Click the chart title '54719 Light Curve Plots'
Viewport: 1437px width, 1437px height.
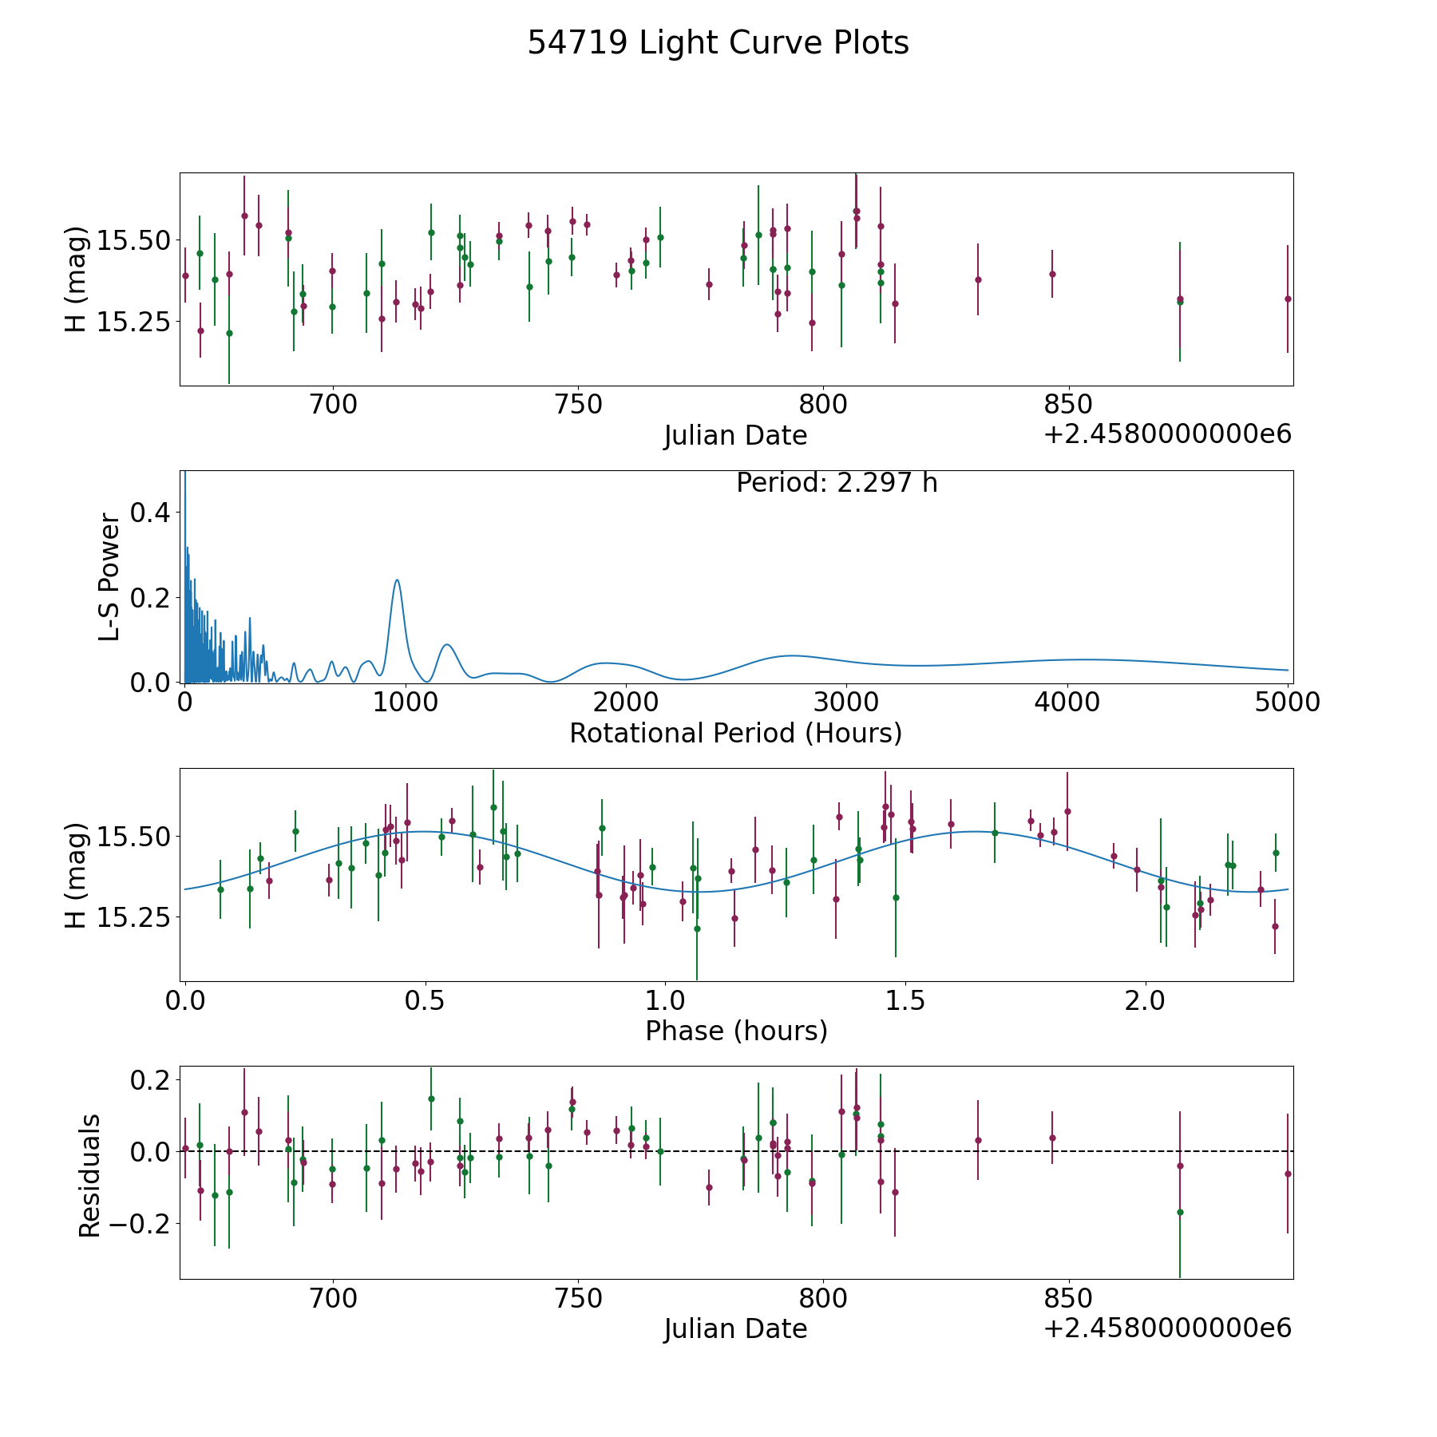pyautogui.click(x=718, y=43)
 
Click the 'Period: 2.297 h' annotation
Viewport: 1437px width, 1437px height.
pyautogui.click(x=837, y=483)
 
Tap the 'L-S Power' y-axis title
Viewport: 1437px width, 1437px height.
pyautogui.click(x=109, y=576)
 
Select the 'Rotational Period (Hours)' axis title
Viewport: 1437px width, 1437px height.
pyautogui.click(x=735, y=733)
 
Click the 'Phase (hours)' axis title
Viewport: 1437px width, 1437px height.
pyautogui.click(x=736, y=1031)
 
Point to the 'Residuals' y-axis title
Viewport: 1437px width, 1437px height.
pyautogui.click(x=89, y=1175)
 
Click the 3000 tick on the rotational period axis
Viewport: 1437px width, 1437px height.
pyautogui.click(x=846, y=702)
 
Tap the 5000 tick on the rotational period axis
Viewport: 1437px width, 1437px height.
pyautogui.click(x=1287, y=702)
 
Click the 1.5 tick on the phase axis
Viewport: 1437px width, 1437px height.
pyautogui.click(x=905, y=1000)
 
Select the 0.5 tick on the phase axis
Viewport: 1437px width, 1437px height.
pyautogui.click(x=425, y=1000)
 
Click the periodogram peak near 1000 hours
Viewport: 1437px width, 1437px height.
pyautogui.click(x=397, y=580)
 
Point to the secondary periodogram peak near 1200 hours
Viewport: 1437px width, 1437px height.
pyautogui.click(x=447, y=644)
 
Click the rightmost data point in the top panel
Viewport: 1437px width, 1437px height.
pyautogui.click(x=1287, y=299)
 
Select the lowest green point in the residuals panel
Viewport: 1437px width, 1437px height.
pyautogui.click(x=1179, y=1212)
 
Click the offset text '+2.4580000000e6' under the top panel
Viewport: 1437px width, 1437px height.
pyautogui.click(x=1167, y=434)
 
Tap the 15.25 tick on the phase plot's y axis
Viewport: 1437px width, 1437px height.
pyautogui.click(x=132, y=918)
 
